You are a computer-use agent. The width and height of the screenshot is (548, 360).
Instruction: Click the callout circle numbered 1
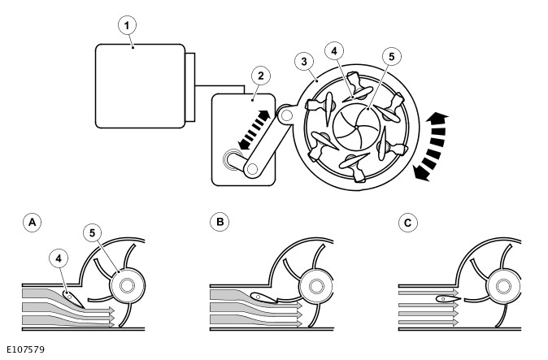pyautogui.click(x=126, y=25)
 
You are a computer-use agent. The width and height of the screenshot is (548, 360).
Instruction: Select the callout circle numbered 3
pyautogui.click(x=303, y=62)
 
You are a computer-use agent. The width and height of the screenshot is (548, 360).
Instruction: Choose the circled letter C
pyautogui.click(x=407, y=221)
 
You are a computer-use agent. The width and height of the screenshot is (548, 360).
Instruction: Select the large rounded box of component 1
pyautogui.click(x=139, y=86)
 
